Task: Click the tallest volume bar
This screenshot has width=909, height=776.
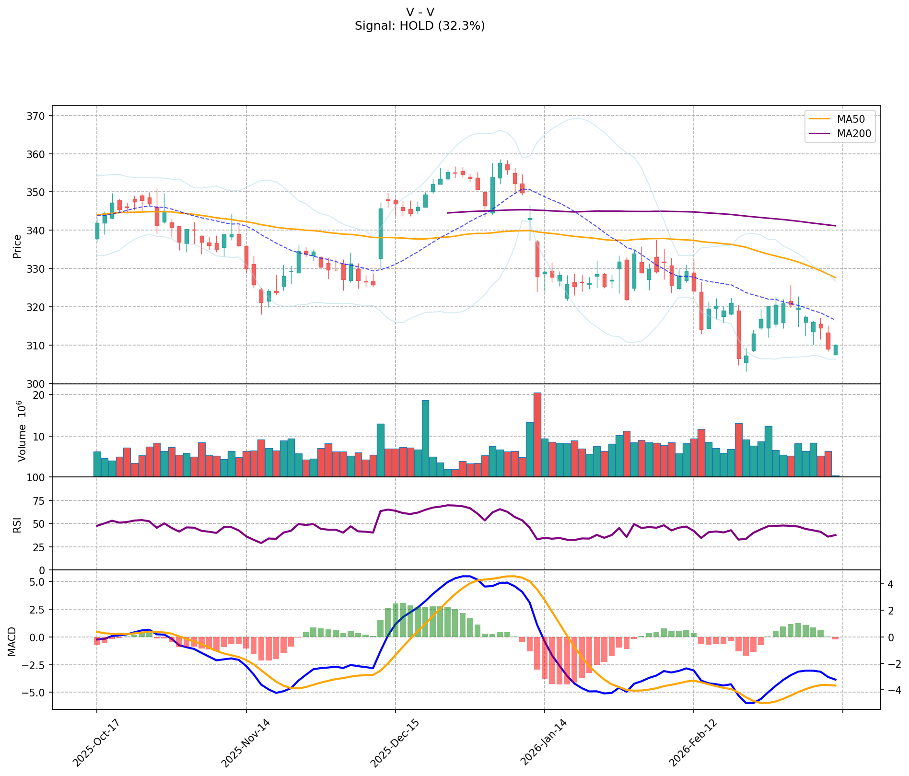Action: (x=537, y=434)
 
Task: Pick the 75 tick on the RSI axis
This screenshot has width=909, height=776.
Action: (x=40, y=501)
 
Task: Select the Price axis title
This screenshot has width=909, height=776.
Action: (x=17, y=246)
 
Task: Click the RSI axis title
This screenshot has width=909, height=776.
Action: (x=17, y=524)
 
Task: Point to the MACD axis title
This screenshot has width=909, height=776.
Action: (x=12, y=641)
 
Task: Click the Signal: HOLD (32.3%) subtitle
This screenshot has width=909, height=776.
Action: (x=420, y=26)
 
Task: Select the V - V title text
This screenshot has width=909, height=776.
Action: (x=420, y=12)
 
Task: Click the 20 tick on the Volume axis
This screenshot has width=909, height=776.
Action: (x=40, y=395)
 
